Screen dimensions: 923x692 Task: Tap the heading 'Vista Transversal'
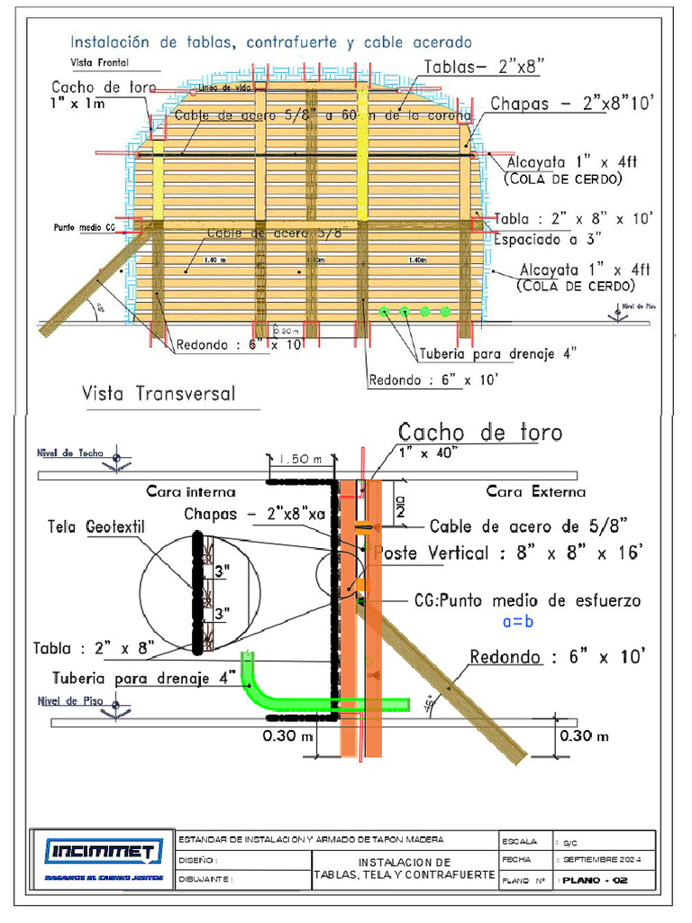(159, 394)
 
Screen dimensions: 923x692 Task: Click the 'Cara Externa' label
(535, 491)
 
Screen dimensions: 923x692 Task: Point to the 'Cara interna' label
(191, 492)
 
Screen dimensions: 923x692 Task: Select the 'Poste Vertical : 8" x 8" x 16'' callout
(509, 553)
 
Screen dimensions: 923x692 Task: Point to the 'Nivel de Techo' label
(71, 453)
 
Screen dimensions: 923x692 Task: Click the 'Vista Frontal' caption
(99, 62)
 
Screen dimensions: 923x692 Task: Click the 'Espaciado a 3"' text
(548, 239)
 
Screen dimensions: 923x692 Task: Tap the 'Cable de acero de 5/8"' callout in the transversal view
(527, 525)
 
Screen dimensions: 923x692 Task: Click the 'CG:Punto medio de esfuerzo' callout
(527, 600)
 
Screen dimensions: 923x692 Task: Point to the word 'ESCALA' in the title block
(519, 841)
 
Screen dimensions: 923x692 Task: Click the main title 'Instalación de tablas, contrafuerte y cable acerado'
(270, 41)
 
